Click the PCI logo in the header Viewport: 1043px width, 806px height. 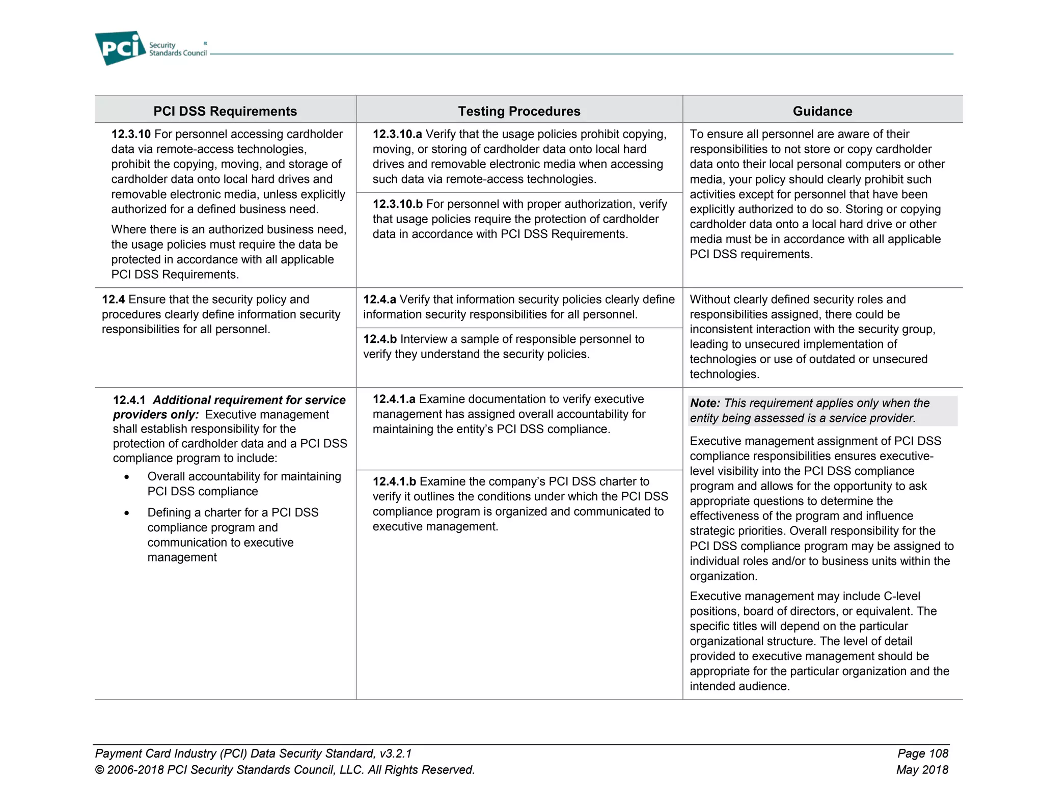pyautogui.click(x=120, y=48)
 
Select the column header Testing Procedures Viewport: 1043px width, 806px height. pyautogui.click(x=518, y=111)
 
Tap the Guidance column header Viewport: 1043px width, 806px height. pyautogui.click(x=822, y=111)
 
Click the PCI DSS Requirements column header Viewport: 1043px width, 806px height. pyautogui.click(x=225, y=111)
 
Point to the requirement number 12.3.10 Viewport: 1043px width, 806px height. pyautogui.click(x=131, y=134)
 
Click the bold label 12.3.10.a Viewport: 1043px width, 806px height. pyautogui.click(x=397, y=134)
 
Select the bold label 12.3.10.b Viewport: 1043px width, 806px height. pyautogui.click(x=397, y=204)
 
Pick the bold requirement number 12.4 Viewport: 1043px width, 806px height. pyautogui.click(x=113, y=300)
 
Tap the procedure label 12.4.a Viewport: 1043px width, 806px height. pyautogui.click(x=379, y=300)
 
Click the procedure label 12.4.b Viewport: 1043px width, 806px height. pyautogui.click(x=379, y=339)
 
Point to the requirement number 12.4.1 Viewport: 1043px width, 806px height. pyautogui.click(x=129, y=400)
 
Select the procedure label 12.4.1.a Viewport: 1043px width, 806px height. pyautogui.click(x=394, y=399)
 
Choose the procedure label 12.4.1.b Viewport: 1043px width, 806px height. pyautogui.click(x=394, y=481)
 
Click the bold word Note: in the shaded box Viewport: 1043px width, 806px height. pyautogui.click(x=705, y=403)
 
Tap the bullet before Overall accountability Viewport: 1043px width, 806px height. pyautogui.click(x=127, y=477)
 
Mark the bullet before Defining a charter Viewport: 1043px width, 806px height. pyautogui.click(x=127, y=513)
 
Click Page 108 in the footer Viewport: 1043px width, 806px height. pyautogui.click(x=922, y=754)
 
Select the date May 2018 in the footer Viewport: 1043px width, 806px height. pyautogui.click(x=922, y=770)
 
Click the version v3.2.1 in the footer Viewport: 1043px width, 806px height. pyautogui.click(x=395, y=754)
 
